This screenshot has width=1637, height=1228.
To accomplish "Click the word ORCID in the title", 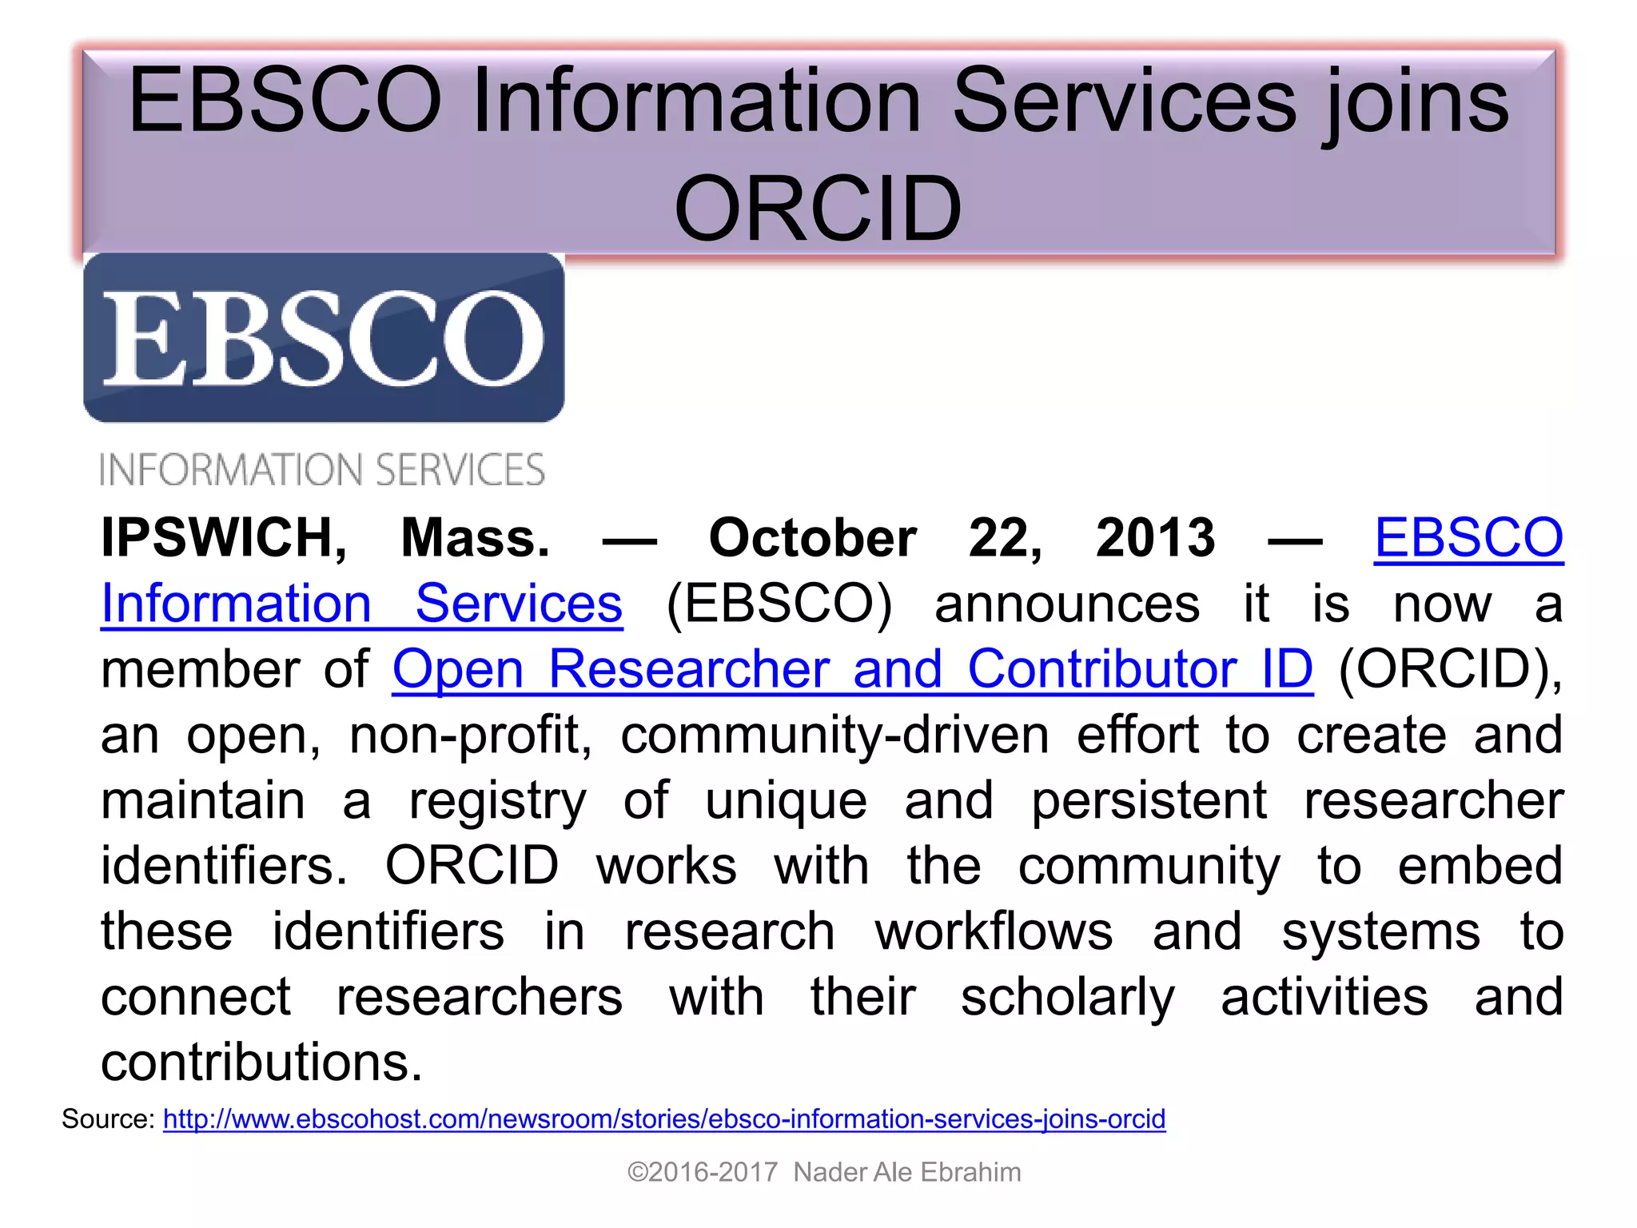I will [x=818, y=209].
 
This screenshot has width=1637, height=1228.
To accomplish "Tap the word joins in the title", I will [x=1415, y=102].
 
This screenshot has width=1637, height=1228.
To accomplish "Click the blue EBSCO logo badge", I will [x=324, y=337].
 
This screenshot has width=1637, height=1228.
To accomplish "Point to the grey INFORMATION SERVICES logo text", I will [x=322, y=470].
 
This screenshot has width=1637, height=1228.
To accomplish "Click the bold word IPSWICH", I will [x=224, y=537].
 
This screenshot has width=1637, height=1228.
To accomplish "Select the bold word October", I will [x=812, y=537].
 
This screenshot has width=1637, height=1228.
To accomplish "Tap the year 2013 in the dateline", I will [x=1155, y=537].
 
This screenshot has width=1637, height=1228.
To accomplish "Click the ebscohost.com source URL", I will [x=664, y=1118].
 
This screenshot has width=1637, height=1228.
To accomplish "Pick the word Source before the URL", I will [x=108, y=1118].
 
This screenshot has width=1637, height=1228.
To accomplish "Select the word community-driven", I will [x=834, y=735].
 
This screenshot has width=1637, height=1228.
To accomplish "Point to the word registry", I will [x=497, y=802].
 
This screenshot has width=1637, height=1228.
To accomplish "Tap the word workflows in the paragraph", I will [x=994, y=931].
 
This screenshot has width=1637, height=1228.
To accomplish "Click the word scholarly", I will [x=1067, y=998].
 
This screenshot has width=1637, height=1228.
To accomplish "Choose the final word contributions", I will [x=261, y=1063].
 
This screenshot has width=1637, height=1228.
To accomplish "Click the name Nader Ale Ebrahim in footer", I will [x=907, y=1172].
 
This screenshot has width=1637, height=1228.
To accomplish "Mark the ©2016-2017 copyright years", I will [x=703, y=1172].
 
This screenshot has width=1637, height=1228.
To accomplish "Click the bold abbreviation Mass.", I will [x=475, y=537].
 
